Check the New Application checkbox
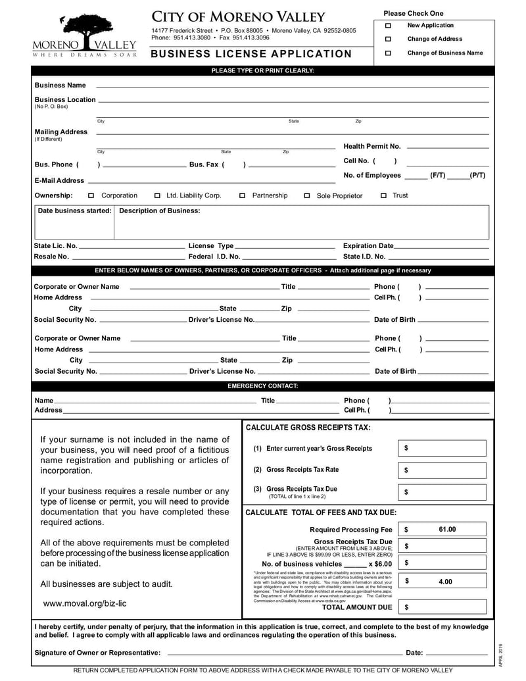click(388, 26)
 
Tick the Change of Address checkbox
click(388, 39)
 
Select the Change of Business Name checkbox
click(388, 53)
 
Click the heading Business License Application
click(252, 54)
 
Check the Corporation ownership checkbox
click(91, 196)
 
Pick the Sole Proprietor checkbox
click(307, 196)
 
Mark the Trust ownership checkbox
click(383, 196)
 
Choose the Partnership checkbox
click(243, 196)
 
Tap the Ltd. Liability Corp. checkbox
click(157, 196)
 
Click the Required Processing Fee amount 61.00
click(446, 529)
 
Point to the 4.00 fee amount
click(445, 581)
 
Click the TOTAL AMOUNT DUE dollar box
click(442, 607)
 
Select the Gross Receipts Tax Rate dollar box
click(442, 470)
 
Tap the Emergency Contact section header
click(262, 386)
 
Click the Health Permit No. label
click(372, 147)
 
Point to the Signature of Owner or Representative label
click(97, 653)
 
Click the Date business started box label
click(74, 211)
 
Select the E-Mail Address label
click(59, 180)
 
